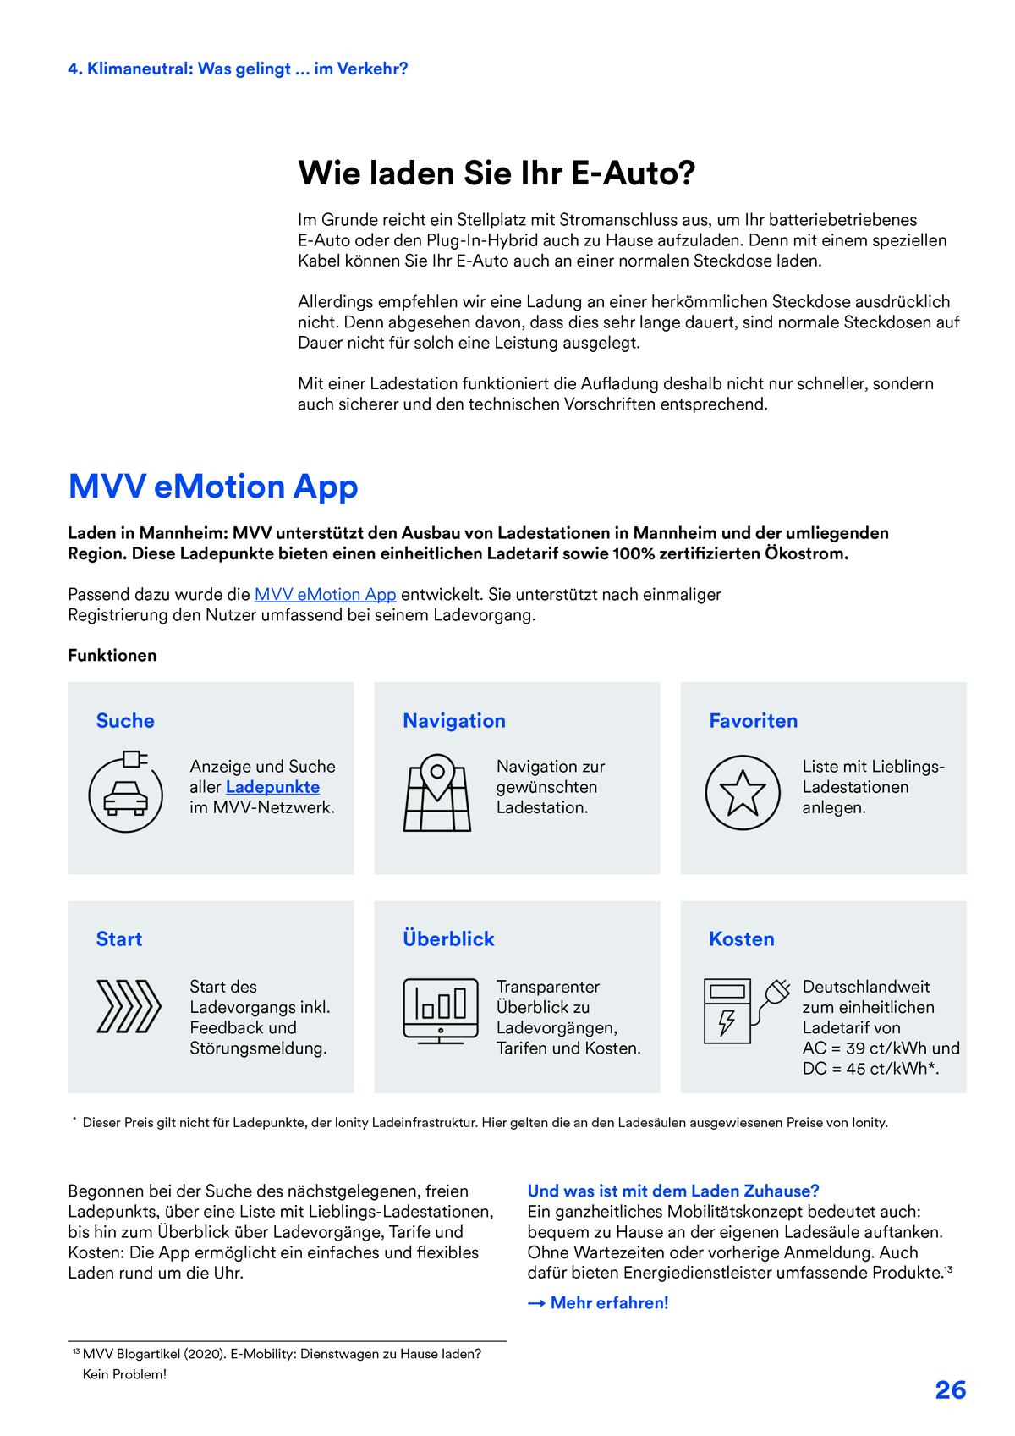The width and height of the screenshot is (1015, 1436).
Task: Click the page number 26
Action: point(950,1390)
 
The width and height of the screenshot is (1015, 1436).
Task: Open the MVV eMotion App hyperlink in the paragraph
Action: point(325,595)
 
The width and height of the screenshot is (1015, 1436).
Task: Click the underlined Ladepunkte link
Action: point(272,787)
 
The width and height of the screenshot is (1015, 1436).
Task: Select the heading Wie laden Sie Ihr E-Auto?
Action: point(497,173)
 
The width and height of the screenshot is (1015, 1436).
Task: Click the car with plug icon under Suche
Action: point(125,793)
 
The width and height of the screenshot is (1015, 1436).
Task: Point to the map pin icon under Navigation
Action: point(437,793)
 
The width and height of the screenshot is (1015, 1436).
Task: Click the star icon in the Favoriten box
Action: point(743,793)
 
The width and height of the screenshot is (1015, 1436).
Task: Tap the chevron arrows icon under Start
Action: point(129,1007)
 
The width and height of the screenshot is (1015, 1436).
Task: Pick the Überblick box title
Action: point(448,939)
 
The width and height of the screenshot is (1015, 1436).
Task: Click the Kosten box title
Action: point(742,939)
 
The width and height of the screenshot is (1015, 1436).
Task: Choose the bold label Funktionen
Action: point(112,656)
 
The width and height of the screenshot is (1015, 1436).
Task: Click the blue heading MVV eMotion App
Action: point(213,487)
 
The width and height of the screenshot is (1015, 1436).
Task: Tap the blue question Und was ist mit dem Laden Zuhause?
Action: point(673,1191)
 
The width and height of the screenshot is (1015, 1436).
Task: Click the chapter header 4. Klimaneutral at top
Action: point(238,69)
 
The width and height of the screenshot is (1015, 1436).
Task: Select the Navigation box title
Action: point(454,721)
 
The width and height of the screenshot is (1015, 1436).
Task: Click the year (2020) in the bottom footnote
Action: point(205,1354)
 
